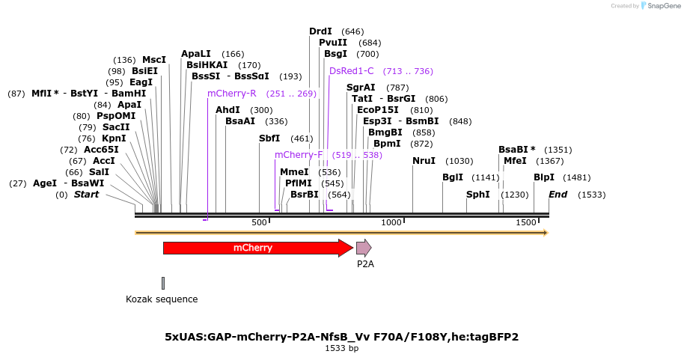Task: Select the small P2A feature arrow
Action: click(x=364, y=248)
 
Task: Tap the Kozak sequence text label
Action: click(x=162, y=299)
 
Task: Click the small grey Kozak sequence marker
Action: click(x=163, y=283)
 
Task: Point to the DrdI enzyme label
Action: click(x=320, y=31)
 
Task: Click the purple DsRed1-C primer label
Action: click(x=352, y=71)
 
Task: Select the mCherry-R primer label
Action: click(x=232, y=94)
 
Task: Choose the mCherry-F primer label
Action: click(x=299, y=155)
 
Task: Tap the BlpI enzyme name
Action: click(x=544, y=177)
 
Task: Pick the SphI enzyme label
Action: click(x=477, y=195)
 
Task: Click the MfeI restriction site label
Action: click(x=515, y=161)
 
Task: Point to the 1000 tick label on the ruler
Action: click(x=391, y=223)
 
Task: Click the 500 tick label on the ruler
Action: click(x=260, y=223)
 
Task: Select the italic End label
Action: click(x=558, y=195)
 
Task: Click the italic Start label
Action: click(x=86, y=195)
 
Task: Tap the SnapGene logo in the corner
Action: click(x=658, y=6)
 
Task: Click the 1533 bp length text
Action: click(x=341, y=349)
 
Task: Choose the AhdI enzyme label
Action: click(x=228, y=110)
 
